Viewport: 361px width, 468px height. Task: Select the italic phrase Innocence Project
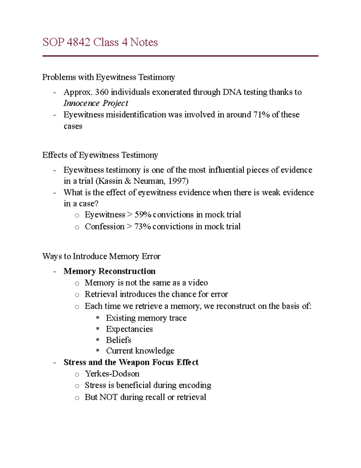(x=96, y=103)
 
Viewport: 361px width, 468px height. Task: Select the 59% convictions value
(x=143, y=215)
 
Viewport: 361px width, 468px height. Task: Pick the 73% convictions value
(x=143, y=227)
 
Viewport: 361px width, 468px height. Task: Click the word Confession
(x=104, y=227)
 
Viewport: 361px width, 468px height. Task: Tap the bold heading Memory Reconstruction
(x=110, y=271)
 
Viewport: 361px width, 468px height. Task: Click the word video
(x=198, y=283)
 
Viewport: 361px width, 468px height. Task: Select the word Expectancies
(x=129, y=329)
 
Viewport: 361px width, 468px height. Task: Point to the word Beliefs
(x=119, y=340)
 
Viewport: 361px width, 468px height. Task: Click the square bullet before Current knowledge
(x=97, y=350)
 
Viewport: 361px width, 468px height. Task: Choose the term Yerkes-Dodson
(x=112, y=374)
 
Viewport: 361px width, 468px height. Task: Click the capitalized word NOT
(x=108, y=397)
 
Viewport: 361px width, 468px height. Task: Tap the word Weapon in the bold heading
(x=134, y=362)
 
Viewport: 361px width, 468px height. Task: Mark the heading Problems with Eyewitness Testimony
(x=108, y=77)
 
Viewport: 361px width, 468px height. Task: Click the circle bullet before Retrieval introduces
(x=77, y=295)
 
